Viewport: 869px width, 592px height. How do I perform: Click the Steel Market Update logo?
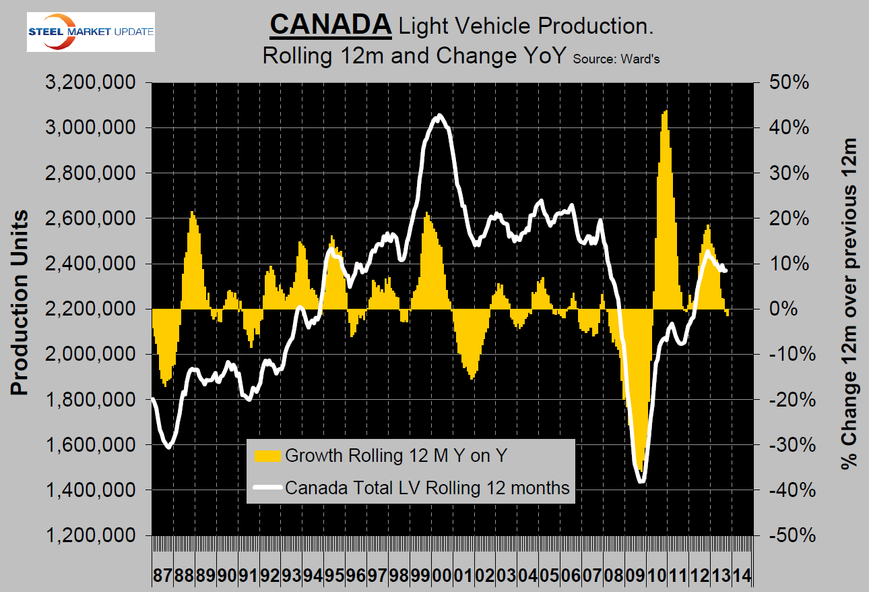(90, 31)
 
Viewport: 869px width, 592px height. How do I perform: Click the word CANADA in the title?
(331, 25)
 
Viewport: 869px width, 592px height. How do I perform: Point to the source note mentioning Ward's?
(616, 58)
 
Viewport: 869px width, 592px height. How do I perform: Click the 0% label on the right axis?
(794, 309)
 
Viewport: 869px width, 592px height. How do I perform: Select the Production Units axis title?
(20, 303)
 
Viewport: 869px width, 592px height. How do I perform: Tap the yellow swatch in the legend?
(268, 456)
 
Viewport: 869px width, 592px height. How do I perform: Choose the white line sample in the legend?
(268, 487)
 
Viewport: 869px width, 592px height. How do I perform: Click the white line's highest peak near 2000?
(439, 115)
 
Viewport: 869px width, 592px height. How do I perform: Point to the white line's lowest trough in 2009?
(641, 481)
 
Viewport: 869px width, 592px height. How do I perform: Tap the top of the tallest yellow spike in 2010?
(666, 111)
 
